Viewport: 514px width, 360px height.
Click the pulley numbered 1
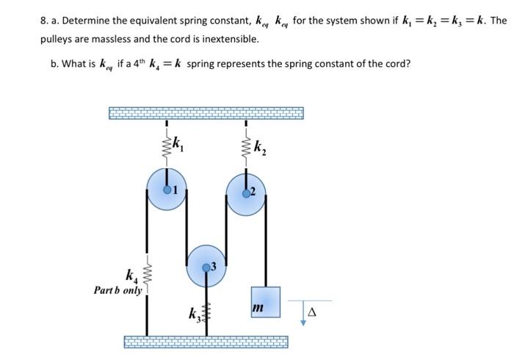[x=167, y=189]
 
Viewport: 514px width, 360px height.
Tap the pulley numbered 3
[x=207, y=264]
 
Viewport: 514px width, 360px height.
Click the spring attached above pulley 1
[x=167, y=144]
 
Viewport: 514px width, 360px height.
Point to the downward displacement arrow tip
[x=301, y=324]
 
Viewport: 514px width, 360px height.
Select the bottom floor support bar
[x=206, y=342]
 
